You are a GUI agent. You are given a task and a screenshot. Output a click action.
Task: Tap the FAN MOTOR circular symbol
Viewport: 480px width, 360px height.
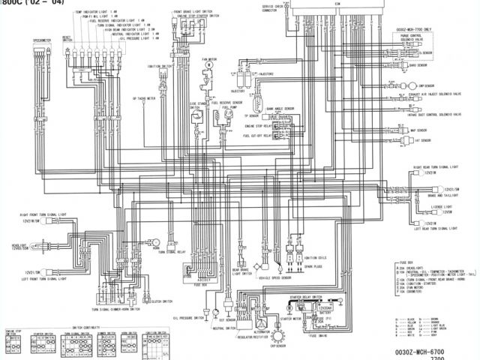(x=209, y=66)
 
